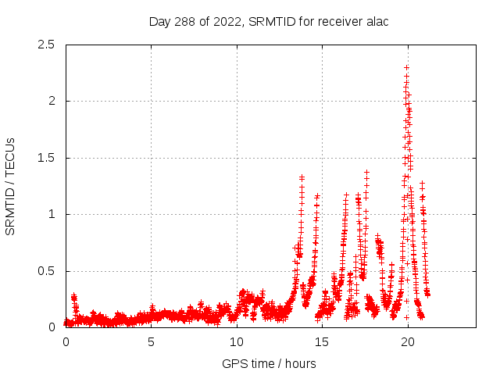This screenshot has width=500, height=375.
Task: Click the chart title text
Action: click(x=269, y=21)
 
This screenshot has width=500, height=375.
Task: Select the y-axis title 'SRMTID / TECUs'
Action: click(x=11, y=186)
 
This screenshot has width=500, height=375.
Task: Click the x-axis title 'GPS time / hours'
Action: click(x=269, y=363)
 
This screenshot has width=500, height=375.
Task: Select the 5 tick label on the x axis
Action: click(x=151, y=343)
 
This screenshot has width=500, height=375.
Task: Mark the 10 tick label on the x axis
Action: click(x=236, y=343)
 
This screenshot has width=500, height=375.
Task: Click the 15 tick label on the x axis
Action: click(x=322, y=343)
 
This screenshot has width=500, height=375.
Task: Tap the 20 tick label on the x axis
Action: click(x=407, y=343)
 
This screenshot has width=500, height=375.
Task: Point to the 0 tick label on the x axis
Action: click(x=66, y=343)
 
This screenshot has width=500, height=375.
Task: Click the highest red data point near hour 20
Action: click(x=406, y=67)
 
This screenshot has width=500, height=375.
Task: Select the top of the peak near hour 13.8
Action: click(x=302, y=177)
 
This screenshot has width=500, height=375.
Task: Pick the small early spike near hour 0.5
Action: click(x=73, y=295)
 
